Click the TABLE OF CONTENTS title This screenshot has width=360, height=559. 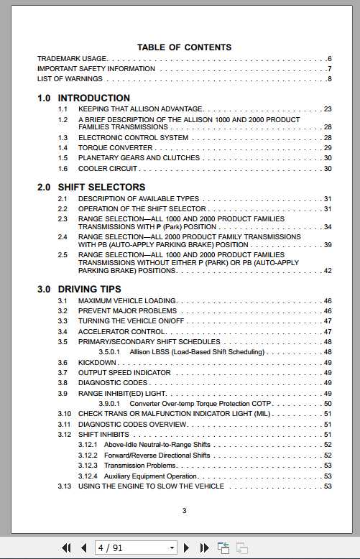tap(184, 47)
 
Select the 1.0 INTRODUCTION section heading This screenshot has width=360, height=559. tap(83, 98)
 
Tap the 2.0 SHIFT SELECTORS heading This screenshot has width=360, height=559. tap(91, 187)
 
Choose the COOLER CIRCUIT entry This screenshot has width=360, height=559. tap(108, 168)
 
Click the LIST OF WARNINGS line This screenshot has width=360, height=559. tap(70, 79)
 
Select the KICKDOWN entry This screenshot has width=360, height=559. tap(97, 363)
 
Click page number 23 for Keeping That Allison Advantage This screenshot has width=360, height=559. tap(328, 109)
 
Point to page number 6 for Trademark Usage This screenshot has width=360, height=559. tap(329, 58)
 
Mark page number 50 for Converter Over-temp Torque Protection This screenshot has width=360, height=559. tap(328, 404)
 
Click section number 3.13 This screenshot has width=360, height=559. tap(65, 486)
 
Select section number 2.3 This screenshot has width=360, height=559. tap(63, 218)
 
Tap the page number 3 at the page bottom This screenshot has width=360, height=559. tap(184, 511)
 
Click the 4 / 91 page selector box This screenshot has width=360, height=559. tap(136, 548)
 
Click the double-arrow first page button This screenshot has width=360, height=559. tap(66, 548)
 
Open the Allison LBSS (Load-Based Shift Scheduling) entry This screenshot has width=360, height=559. tap(197, 352)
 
